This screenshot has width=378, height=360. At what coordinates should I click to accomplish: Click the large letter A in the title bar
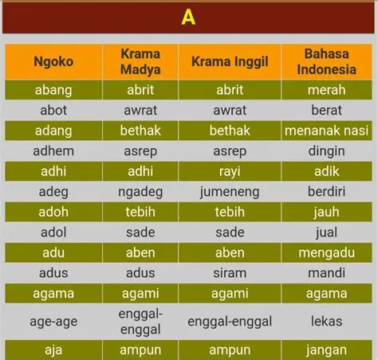click(188, 17)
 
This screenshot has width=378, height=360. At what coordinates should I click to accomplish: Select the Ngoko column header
click(53, 62)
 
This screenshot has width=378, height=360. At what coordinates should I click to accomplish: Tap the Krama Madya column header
click(140, 62)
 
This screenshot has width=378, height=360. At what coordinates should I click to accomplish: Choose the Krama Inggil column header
click(230, 62)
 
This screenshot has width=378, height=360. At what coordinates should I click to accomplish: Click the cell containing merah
click(326, 90)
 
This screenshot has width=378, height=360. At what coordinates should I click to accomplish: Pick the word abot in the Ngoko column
click(53, 110)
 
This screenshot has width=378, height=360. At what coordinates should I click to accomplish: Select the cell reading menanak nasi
click(326, 131)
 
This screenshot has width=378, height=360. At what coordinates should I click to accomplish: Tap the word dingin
click(326, 151)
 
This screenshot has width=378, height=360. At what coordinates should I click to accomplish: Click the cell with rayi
click(230, 171)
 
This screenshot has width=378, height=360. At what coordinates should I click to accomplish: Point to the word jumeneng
click(230, 191)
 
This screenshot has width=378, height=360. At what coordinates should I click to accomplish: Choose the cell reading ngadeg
click(140, 191)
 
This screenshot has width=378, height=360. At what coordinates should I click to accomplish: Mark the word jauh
click(326, 212)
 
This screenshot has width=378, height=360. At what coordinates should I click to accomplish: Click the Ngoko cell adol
click(53, 233)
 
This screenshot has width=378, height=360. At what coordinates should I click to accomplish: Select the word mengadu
click(326, 252)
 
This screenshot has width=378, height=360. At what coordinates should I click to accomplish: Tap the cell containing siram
click(230, 273)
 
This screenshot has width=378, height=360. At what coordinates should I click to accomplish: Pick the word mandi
click(326, 273)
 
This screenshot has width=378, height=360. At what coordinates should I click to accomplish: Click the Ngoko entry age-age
click(53, 321)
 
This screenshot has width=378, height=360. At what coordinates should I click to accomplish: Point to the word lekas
click(326, 321)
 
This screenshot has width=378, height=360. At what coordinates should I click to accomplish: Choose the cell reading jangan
click(326, 350)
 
